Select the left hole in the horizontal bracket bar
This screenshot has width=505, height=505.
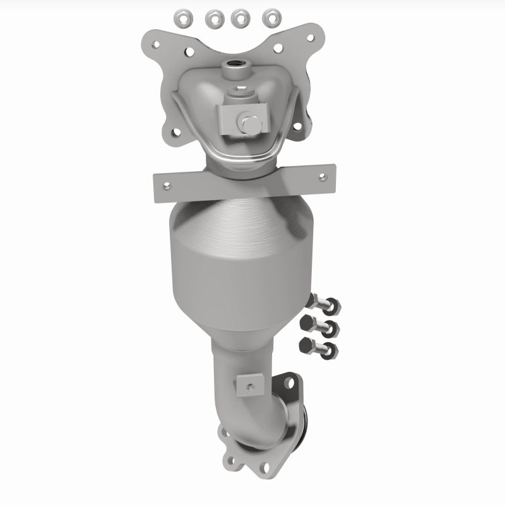(167, 186)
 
